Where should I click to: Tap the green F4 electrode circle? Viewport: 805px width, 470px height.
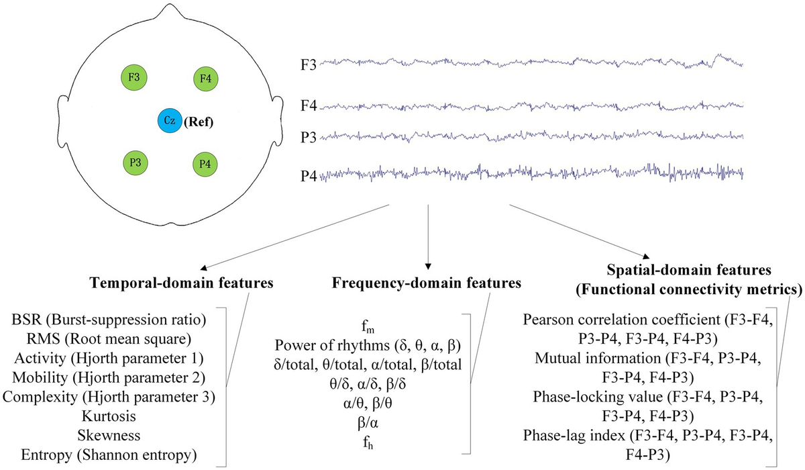(206, 79)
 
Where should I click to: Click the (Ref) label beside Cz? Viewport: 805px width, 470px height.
(198, 122)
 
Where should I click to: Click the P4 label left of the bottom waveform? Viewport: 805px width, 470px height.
(309, 176)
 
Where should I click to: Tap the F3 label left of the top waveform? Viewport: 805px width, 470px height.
(309, 65)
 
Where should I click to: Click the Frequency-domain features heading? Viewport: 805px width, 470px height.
(427, 283)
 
